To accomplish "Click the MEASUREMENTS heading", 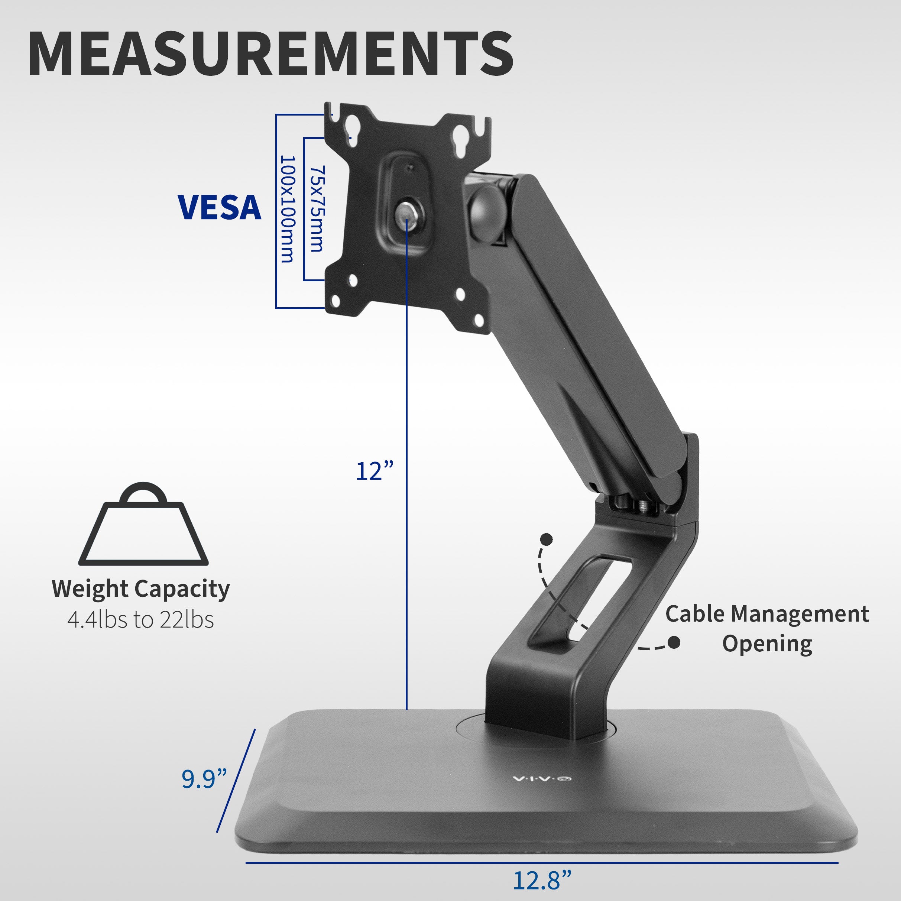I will point(270,54).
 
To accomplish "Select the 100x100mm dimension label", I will point(287,210).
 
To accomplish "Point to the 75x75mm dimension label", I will point(317,208).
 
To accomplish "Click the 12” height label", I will point(375,471).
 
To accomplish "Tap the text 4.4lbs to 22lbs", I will point(140,620).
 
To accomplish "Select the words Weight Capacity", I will point(140,589).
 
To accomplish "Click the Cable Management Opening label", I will point(767,629).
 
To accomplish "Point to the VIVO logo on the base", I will point(542,779).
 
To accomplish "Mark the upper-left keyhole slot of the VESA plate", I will point(351,133).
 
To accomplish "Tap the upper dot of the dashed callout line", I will point(546,539).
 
